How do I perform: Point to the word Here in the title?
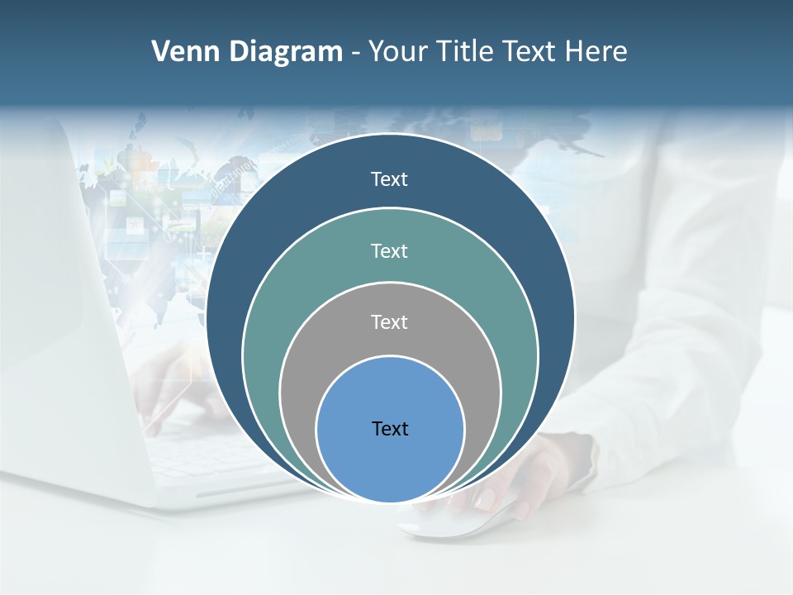pos(596,52)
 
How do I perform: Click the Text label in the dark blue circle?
pos(389,179)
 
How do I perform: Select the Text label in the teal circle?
pos(389,250)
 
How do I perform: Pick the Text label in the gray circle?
pos(389,321)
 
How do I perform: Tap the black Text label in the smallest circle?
pos(390,428)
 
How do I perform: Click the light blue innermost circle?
pos(390,463)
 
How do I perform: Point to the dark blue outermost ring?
pos(240,248)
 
